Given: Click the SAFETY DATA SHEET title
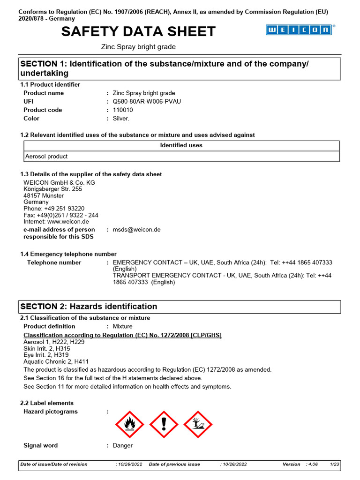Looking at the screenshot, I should (x=138, y=31).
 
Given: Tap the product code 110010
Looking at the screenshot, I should (x=123, y=110).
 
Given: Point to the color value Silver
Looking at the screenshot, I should (x=121, y=118).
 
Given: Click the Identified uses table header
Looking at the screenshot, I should (x=181, y=145).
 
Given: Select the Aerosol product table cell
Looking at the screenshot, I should (x=45, y=157).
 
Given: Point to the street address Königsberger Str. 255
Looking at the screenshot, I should (x=52, y=189).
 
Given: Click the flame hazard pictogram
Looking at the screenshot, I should (x=129, y=424).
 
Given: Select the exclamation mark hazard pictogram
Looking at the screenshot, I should (x=164, y=424).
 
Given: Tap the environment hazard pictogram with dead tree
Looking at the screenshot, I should (x=198, y=424).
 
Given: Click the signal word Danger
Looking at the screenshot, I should (x=123, y=445).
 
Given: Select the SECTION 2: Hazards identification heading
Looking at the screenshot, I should (x=89, y=307).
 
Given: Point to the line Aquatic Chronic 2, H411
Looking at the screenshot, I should (x=56, y=362).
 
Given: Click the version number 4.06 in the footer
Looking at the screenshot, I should (x=313, y=464).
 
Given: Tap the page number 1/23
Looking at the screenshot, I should (x=334, y=464).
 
